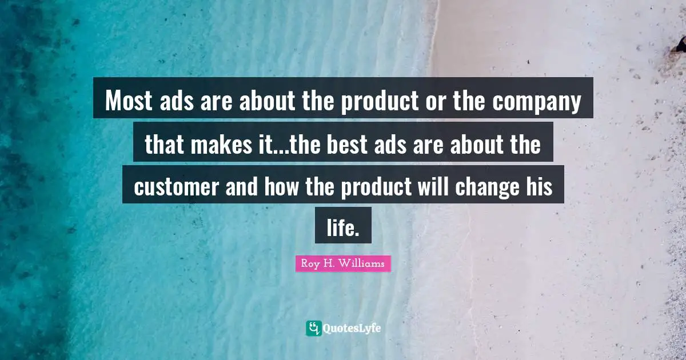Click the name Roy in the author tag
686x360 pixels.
click(x=309, y=263)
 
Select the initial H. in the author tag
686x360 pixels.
click(x=329, y=263)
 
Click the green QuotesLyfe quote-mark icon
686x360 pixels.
click(x=313, y=328)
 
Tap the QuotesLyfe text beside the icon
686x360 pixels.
click(x=352, y=329)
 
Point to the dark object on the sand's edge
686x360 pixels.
click(x=679, y=45)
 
